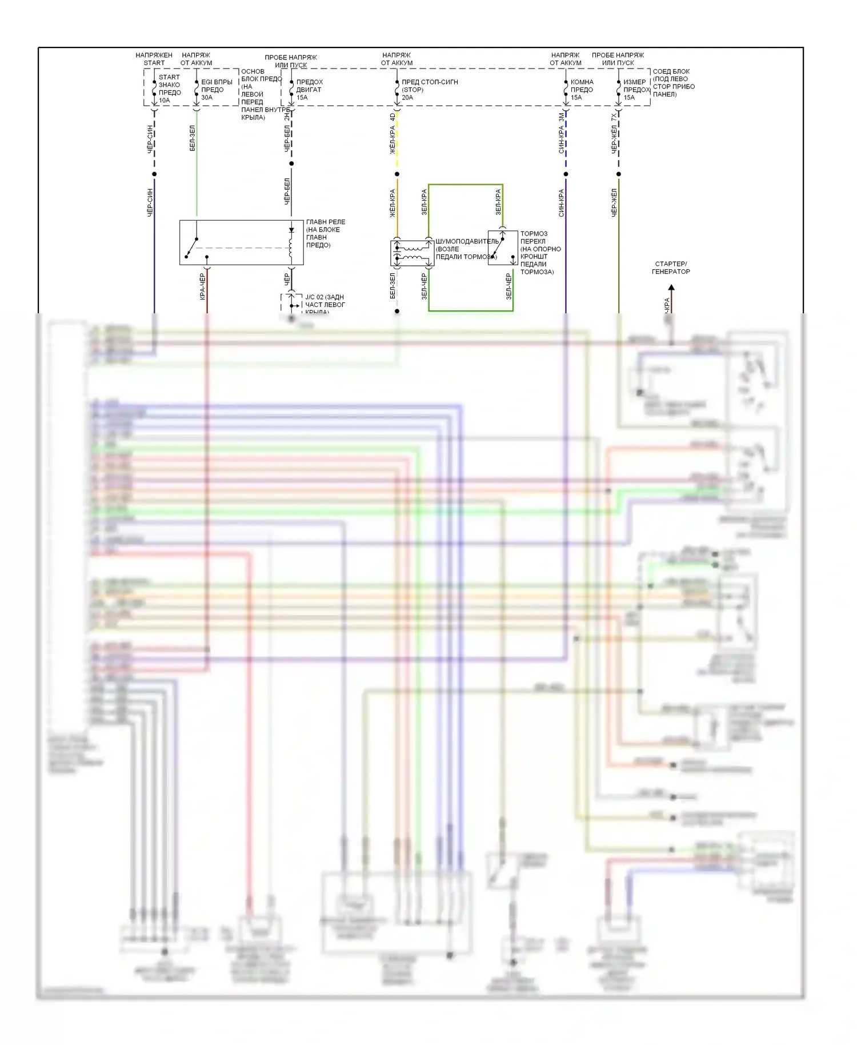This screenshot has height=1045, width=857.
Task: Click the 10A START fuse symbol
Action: (x=154, y=88)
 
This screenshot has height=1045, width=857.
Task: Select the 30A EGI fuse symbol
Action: (x=197, y=88)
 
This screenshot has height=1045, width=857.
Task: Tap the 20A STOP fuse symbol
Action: (x=397, y=88)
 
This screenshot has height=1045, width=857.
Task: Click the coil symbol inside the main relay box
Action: (x=291, y=247)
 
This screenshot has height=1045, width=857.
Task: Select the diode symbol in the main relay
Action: (x=291, y=230)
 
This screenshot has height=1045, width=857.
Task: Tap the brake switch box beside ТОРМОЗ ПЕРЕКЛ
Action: (x=503, y=248)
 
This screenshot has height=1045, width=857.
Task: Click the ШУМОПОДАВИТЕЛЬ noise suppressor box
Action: (x=412, y=253)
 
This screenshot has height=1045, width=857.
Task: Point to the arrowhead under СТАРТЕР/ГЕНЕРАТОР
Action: (x=671, y=288)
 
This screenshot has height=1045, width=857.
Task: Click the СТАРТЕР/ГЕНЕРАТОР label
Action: (x=671, y=268)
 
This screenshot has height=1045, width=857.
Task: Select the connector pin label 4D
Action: (x=393, y=117)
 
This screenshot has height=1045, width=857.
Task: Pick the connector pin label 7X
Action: (x=614, y=117)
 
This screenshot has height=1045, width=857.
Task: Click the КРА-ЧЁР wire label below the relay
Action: (x=202, y=286)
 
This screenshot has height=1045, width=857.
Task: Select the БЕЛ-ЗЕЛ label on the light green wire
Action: (x=192, y=138)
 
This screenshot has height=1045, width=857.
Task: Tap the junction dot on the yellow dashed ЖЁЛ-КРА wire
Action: (x=397, y=174)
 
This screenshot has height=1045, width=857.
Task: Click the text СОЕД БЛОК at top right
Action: (x=671, y=71)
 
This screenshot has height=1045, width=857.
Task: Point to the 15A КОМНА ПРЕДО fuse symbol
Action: (x=566, y=89)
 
